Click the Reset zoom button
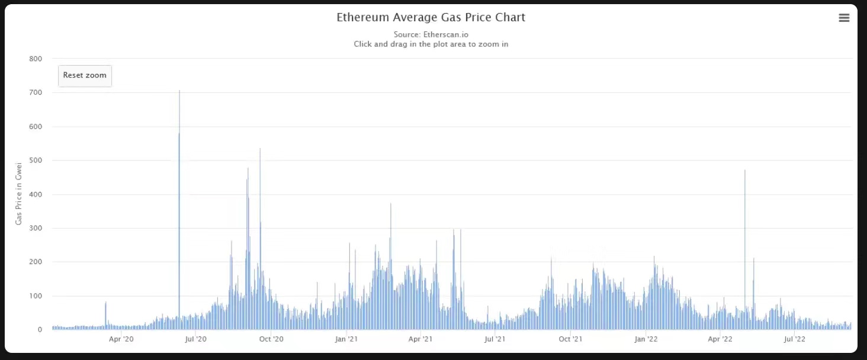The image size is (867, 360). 85,76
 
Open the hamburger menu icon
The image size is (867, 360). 844,18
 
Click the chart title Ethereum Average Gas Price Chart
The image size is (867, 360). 431,18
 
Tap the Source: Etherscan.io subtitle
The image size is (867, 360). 431,34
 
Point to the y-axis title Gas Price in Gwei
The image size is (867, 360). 18,194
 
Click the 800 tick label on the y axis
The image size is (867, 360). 36,59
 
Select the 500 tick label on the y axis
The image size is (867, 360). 36,160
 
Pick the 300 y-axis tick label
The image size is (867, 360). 36,229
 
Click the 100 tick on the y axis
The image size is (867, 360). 36,296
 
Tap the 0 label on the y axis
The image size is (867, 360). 40,330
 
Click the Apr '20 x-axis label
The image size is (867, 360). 121,339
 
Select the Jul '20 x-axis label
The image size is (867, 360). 196,339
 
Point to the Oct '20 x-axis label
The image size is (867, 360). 271,339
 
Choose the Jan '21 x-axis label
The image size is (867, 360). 346,339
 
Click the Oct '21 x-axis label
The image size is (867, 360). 570,339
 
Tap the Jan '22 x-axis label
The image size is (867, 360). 646,339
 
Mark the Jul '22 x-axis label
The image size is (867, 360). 794,339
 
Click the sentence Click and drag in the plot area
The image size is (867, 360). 431,44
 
